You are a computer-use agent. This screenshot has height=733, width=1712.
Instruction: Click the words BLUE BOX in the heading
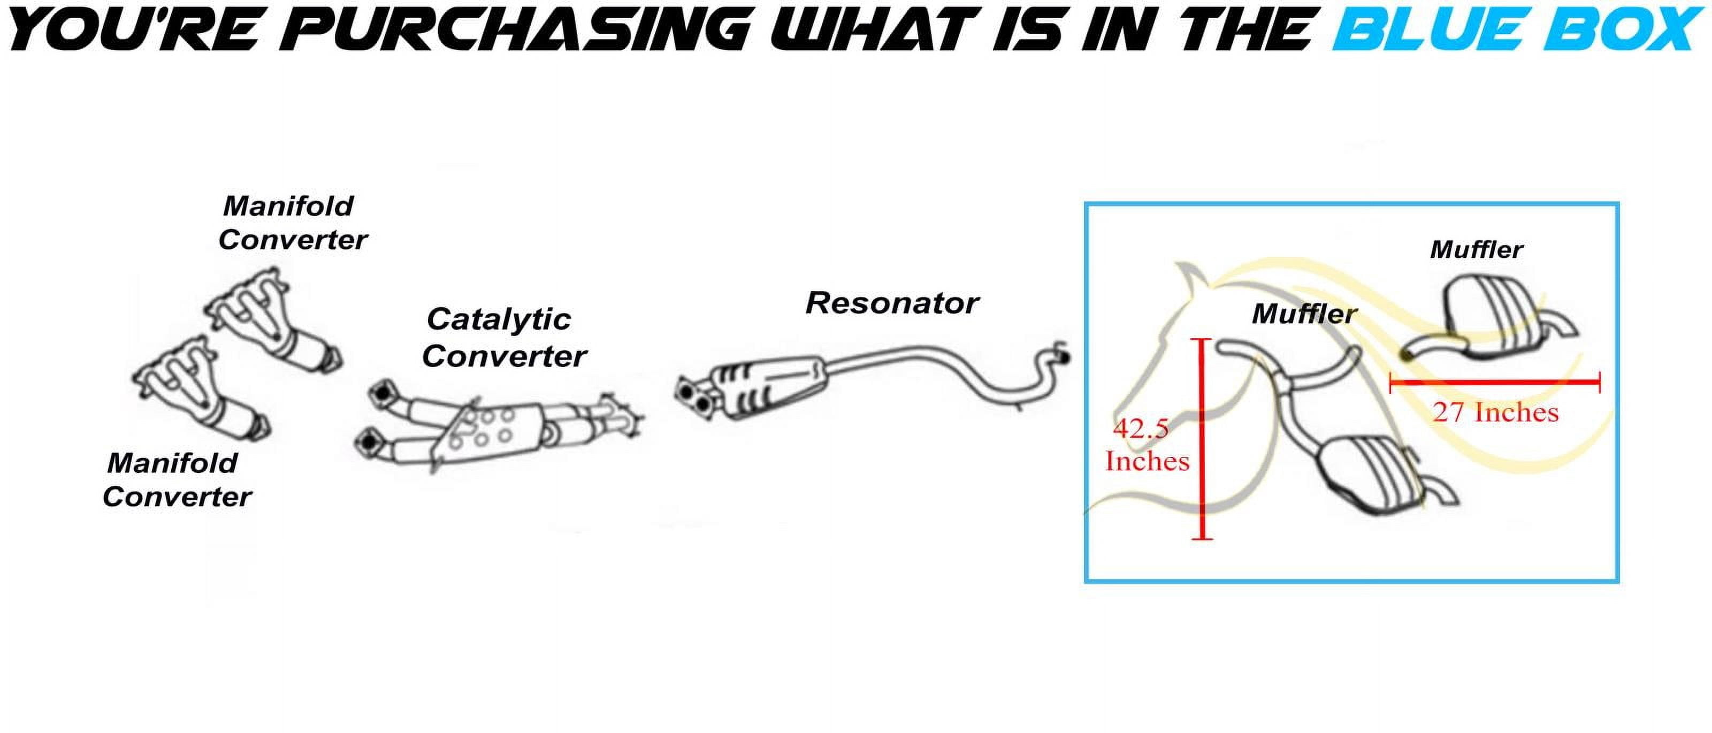pos(1517,30)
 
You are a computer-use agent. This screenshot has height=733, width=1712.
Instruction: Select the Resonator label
pos(892,303)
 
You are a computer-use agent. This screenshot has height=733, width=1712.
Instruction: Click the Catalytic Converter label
pos(505,338)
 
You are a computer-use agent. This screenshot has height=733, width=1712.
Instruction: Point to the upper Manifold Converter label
pos(293,223)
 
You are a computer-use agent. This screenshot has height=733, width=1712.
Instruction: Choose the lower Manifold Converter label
pos(177,480)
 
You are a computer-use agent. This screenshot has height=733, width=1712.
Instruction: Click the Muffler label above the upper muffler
pos(1476,250)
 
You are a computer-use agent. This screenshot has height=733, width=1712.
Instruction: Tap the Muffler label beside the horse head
pos(1304,314)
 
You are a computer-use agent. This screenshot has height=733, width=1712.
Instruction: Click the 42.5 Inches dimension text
pos(1147,445)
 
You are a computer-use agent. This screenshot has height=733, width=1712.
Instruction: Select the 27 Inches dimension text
pos(1495,413)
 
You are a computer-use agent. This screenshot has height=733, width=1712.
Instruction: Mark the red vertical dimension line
pos(1202,439)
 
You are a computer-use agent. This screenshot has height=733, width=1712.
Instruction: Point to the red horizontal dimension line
pos(1495,382)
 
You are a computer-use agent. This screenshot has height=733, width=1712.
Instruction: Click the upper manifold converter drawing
pos(274,321)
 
